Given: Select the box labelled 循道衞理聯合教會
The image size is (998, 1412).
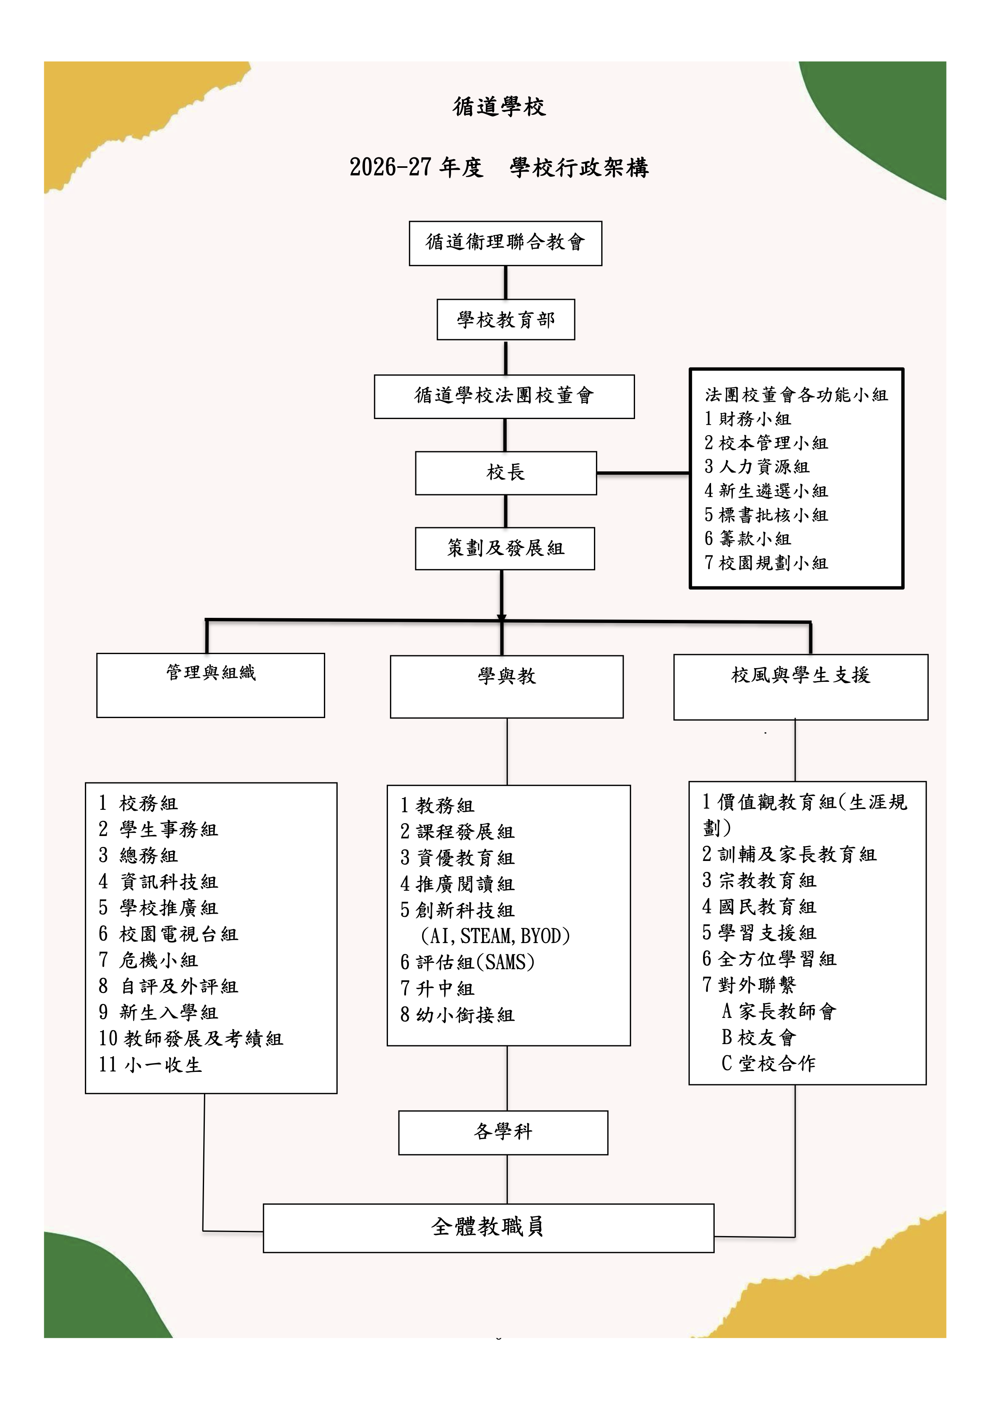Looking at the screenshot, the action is point(505,244).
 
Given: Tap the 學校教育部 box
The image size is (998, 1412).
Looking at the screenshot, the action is point(505,320).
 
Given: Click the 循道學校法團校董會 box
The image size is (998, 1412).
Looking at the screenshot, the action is point(504,396).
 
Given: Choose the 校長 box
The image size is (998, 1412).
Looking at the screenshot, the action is point(505,473).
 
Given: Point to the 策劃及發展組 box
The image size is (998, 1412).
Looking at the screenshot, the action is point(505,549).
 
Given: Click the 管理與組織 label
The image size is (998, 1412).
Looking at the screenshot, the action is point(211,672).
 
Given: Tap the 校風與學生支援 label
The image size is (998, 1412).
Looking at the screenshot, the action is point(801,675).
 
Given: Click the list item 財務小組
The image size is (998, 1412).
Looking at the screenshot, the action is point(748,419).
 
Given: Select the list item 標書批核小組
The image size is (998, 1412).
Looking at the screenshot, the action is point(766,515).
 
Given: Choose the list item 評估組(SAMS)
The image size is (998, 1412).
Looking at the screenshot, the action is point(467,962).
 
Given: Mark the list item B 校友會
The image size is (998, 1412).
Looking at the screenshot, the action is point(759,1038).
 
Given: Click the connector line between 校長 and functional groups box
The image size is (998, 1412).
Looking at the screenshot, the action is point(643,473).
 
